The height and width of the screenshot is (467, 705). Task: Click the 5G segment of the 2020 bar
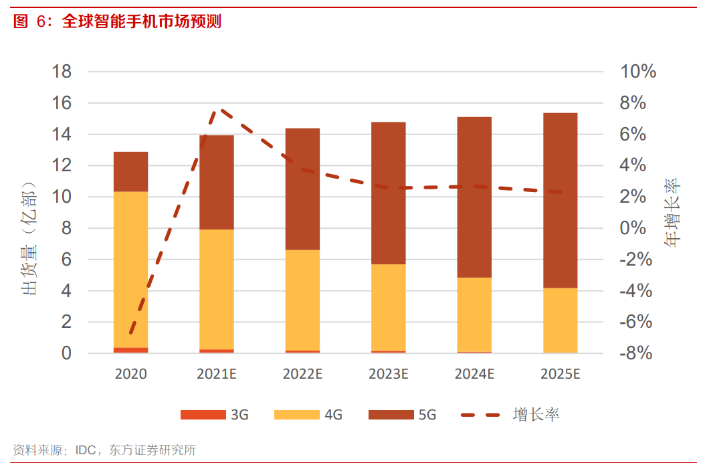tap(130, 172)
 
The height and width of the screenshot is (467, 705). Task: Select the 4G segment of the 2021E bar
tap(216, 289)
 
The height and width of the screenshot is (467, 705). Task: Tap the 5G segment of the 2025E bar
tap(560, 201)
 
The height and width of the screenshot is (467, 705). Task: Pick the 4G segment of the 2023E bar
tap(388, 307)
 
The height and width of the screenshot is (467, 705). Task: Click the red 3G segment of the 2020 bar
tap(130, 350)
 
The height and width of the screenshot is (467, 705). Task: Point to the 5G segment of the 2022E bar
tap(302, 189)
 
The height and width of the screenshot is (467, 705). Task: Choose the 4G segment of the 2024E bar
tap(474, 314)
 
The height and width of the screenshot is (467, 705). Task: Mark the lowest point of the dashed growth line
tap(132, 333)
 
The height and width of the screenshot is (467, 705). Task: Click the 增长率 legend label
tap(536, 415)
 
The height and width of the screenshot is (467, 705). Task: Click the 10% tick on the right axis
tap(638, 72)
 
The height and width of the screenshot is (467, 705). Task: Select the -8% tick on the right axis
tap(636, 353)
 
